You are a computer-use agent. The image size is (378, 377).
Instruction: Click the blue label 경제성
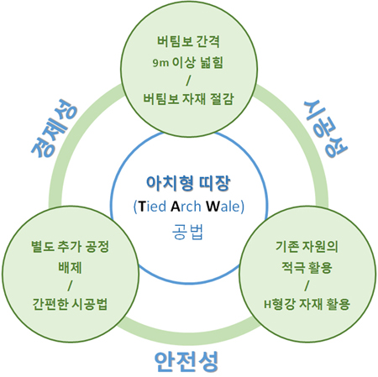55,128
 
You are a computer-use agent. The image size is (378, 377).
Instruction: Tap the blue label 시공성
326,128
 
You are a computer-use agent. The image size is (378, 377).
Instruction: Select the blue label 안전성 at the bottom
186,362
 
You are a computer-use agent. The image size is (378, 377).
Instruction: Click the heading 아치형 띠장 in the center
188,184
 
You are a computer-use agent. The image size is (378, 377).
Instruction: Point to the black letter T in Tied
142,207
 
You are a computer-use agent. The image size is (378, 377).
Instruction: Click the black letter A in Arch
176,207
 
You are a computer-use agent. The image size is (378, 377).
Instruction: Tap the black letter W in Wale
213,207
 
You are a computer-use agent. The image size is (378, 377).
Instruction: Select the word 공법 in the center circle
187,232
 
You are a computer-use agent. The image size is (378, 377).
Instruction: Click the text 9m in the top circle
160,63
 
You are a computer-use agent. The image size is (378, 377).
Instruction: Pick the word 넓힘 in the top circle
212,62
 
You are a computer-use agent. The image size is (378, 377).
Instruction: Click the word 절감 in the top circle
223,99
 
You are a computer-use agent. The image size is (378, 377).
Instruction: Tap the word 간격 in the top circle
208,41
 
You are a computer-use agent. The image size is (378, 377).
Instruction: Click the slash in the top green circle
188,81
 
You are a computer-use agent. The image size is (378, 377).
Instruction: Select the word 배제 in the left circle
70,268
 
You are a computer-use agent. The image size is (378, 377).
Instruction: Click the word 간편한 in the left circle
50,304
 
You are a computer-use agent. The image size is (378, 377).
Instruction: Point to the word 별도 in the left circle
43,246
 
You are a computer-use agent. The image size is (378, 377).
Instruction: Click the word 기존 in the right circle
287,246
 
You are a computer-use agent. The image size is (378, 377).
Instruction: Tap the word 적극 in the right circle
293,268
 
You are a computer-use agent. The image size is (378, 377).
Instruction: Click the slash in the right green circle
307,285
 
